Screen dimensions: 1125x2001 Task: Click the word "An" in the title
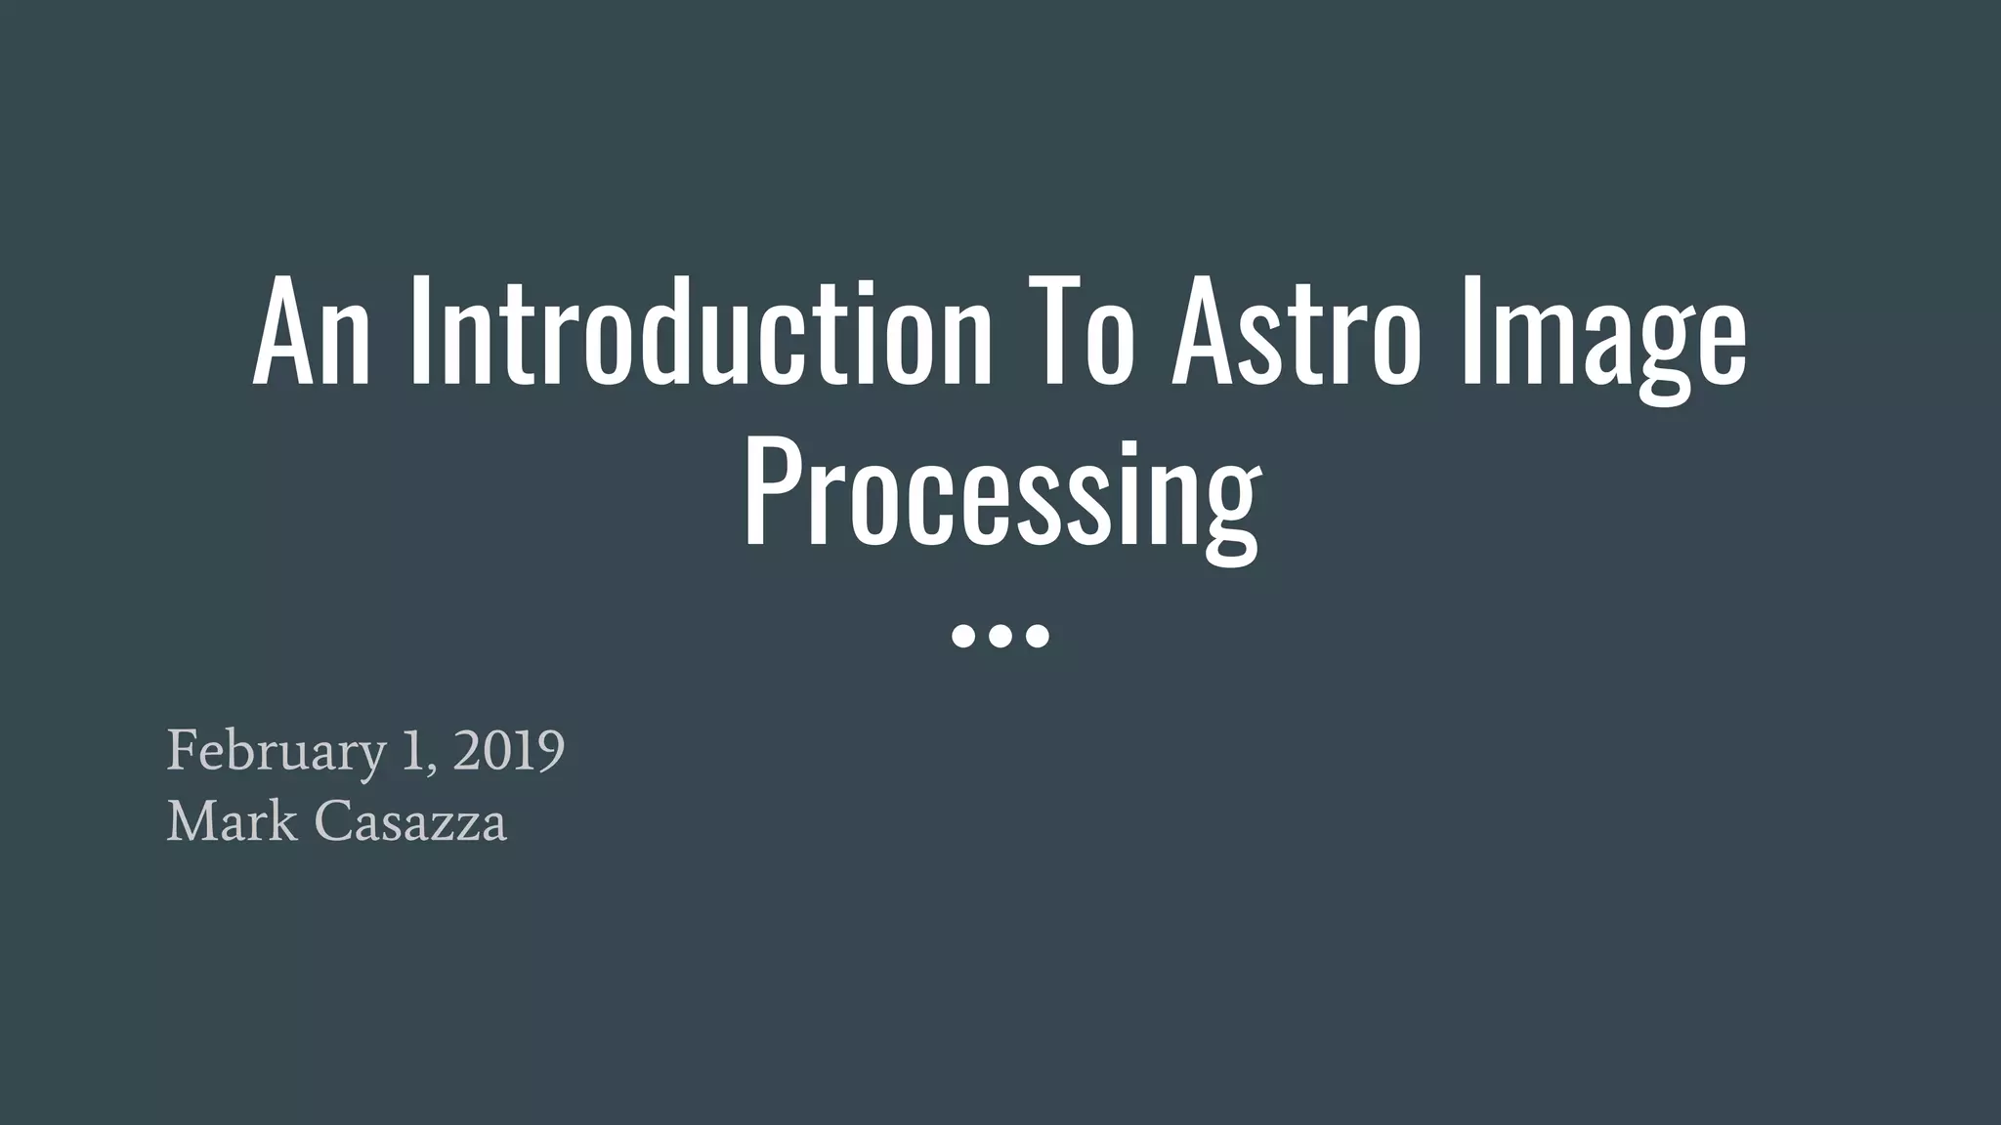click(x=312, y=332)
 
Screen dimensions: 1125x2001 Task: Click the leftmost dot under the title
click(x=963, y=637)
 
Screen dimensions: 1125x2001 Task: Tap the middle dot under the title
click(x=1000, y=637)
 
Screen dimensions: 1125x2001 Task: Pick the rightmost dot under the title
click(x=1038, y=637)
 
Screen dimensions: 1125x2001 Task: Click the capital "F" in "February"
click(x=183, y=750)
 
